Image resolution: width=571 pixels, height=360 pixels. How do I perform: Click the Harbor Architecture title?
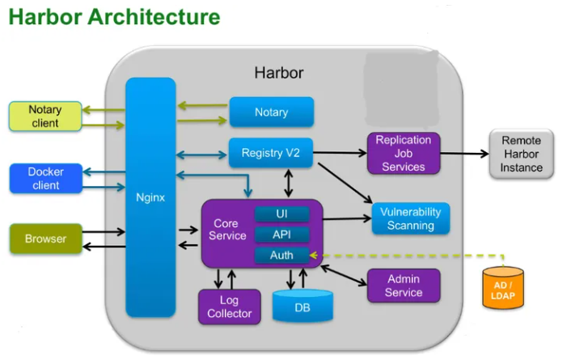(114, 16)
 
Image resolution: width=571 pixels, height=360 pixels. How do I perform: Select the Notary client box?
(45, 116)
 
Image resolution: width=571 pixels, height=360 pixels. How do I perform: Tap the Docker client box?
(45, 178)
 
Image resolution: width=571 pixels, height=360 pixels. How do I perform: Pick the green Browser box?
(45, 239)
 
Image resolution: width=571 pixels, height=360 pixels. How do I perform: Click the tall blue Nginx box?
(150, 197)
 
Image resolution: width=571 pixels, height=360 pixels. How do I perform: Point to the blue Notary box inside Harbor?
(271, 112)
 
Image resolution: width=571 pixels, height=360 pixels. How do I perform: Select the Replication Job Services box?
(404, 154)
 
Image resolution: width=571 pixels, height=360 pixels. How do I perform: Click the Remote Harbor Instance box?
(521, 154)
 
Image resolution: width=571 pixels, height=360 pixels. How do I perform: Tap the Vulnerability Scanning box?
(410, 218)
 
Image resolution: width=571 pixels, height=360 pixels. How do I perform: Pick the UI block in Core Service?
(281, 214)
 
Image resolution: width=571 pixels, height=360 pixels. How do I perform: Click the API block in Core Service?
(281, 235)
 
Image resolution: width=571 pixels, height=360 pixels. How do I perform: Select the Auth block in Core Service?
(281, 256)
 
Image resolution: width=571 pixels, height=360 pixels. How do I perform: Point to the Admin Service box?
(404, 286)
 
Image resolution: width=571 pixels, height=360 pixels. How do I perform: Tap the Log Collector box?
(230, 307)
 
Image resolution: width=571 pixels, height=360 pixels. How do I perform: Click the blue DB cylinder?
(302, 307)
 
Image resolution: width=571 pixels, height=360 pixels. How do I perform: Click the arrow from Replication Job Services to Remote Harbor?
(464, 153)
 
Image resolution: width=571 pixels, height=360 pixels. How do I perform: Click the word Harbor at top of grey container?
(279, 73)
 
